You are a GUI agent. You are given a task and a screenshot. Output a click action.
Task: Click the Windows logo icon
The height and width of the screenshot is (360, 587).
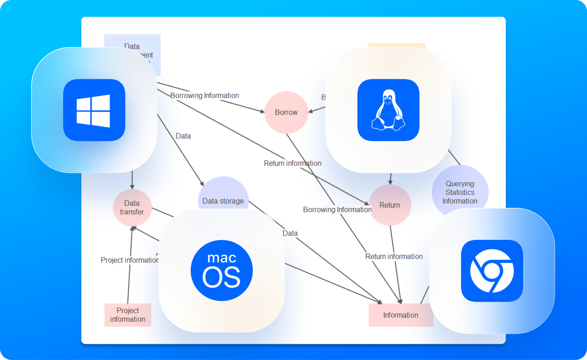click(94, 110)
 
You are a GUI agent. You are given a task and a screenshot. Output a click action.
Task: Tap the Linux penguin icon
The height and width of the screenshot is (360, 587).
click(388, 110)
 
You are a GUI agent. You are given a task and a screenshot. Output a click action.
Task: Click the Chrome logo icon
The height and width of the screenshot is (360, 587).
click(492, 271)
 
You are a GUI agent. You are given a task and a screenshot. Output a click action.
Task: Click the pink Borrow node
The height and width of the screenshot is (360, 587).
click(286, 112)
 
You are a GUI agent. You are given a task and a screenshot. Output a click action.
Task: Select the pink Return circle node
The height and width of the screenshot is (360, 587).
click(390, 205)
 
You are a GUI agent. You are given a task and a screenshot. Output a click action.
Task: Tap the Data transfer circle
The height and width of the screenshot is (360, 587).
click(132, 207)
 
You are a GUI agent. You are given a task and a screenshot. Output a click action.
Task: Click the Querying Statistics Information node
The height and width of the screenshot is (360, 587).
click(460, 192)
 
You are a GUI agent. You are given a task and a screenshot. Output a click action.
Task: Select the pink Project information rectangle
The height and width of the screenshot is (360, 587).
click(128, 315)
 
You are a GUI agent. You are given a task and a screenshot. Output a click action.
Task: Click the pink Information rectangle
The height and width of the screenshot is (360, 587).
click(400, 315)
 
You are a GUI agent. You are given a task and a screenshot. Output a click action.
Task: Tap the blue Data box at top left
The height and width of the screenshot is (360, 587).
click(132, 46)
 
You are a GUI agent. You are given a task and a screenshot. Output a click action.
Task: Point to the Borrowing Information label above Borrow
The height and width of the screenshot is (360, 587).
click(205, 95)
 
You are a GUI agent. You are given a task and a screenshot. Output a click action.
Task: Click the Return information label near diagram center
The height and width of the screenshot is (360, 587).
click(292, 163)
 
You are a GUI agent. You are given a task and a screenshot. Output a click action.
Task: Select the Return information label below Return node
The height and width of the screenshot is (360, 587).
click(394, 256)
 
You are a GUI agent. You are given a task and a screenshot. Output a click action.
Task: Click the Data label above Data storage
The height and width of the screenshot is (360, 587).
click(183, 136)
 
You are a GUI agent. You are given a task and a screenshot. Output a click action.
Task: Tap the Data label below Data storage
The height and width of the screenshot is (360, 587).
click(290, 233)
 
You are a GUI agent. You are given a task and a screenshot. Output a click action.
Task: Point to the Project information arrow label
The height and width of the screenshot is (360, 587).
click(130, 260)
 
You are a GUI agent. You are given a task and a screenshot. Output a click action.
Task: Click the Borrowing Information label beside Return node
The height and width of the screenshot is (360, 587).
click(337, 210)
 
